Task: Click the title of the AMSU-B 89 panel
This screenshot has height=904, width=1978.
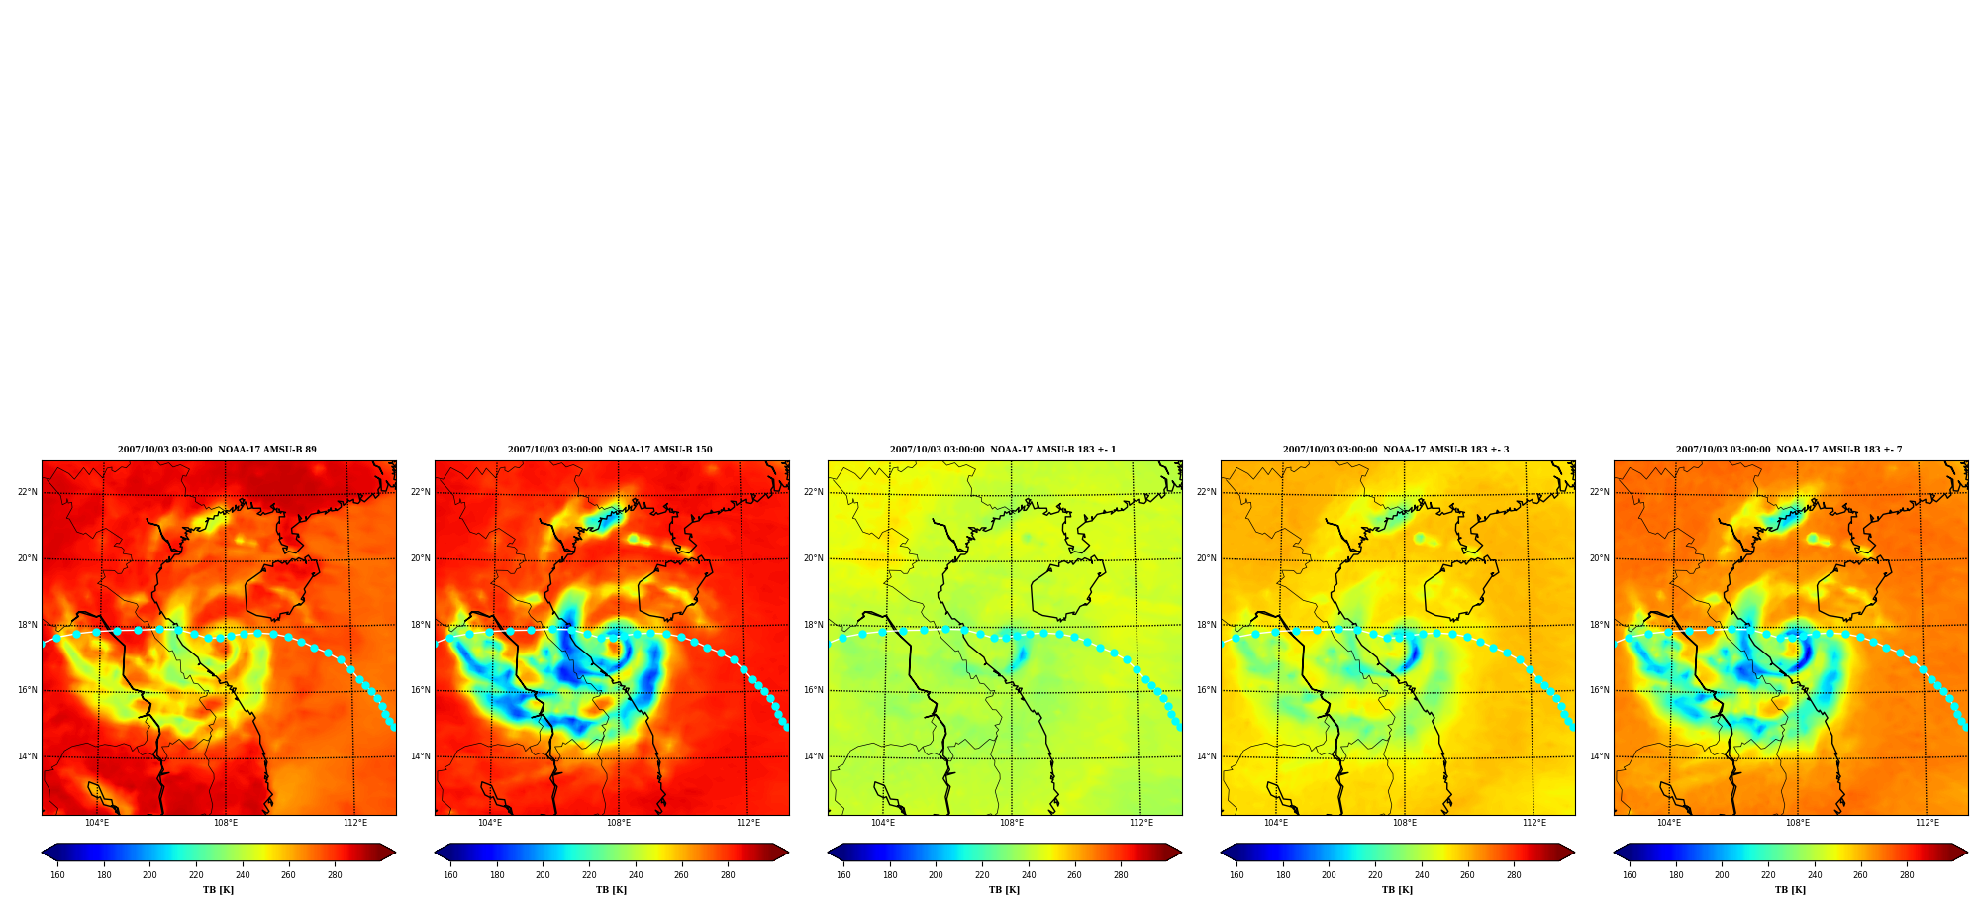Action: (217, 450)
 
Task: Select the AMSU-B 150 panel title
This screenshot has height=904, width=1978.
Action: (610, 450)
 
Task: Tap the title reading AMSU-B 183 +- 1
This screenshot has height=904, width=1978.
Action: (1003, 450)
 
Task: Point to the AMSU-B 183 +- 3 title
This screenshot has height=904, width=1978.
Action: (1396, 450)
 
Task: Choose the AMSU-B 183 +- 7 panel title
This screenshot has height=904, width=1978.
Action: (1789, 450)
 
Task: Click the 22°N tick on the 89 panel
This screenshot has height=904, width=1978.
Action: (27, 492)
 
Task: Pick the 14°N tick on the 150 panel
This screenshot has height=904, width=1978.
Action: (420, 756)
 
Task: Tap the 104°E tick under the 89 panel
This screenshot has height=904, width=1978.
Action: (97, 823)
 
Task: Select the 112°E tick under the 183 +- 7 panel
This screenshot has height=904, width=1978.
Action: (1927, 823)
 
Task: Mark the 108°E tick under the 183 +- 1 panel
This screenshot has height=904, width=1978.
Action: (1011, 823)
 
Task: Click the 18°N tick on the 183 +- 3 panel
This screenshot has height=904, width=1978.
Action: (1206, 625)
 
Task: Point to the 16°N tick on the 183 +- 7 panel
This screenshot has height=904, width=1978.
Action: (1599, 690)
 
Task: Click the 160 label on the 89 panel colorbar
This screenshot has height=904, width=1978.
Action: (57, 875)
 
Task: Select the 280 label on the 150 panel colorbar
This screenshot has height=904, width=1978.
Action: (728, 875)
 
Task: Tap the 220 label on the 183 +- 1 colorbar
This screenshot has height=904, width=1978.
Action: (982, 875)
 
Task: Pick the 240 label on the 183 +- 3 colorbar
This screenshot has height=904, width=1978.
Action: (1422, 875)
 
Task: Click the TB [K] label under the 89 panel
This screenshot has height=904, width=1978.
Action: (218, 890)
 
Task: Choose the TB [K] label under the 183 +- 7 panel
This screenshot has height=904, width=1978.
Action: (1790, 890)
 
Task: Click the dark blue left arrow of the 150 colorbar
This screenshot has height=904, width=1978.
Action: (443, 853)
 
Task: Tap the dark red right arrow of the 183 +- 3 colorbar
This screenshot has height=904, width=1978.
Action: (1567, 853)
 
